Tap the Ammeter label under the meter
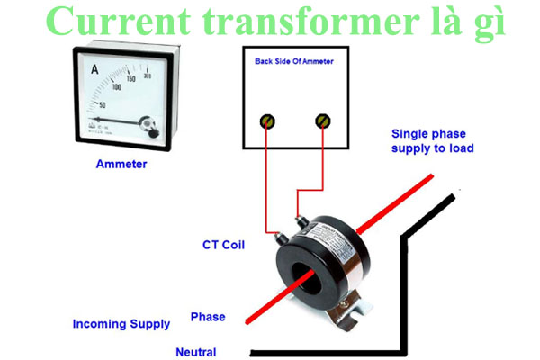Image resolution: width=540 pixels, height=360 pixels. (121, 165)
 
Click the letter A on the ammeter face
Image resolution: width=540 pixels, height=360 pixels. (94, 68)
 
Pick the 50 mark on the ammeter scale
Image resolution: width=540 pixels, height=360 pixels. (100, 105)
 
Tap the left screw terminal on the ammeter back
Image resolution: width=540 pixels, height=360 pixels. (267, 121)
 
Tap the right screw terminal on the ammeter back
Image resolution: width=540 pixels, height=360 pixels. (323, 121)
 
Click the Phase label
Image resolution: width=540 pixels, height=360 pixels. (207, 317)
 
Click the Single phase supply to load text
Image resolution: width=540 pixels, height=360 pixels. (432, 140)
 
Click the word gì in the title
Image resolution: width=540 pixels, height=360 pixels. (486, 23)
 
